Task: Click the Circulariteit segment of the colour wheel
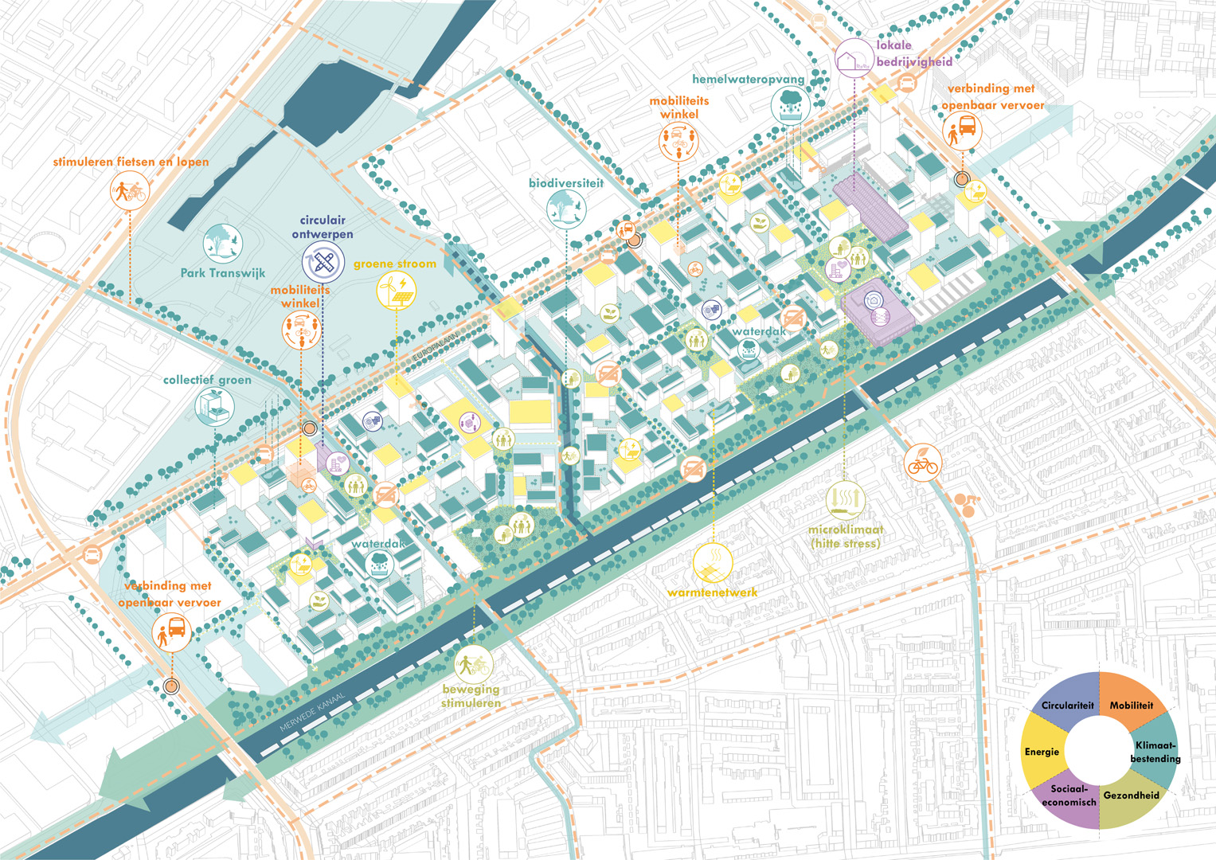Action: coord(1066,704)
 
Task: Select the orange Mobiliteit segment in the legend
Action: coord(1132,704)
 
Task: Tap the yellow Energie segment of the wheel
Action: coord(1042,751)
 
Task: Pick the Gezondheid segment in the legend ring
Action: coord(1131,796)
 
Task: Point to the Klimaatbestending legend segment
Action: coord(1155,752)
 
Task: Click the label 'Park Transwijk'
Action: coord(222,273)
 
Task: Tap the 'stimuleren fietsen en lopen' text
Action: coord(131,162)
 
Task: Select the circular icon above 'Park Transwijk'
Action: coord(222,244)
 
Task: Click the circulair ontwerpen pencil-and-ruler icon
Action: coord(323,262)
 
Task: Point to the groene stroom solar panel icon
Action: coord(396,291)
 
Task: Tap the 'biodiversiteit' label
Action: coord(566,183)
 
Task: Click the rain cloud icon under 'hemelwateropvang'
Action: coord(791,104)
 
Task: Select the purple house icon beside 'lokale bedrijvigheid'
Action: coord(853,57)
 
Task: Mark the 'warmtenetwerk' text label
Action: coord(712,592)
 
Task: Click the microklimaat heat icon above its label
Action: coord(845,500)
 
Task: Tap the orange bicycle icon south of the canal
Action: coord(922,462)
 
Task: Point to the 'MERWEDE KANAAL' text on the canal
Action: coord(313,713)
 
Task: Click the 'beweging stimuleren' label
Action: coord(471,695)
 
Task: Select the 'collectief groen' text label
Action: coord(207,380)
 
